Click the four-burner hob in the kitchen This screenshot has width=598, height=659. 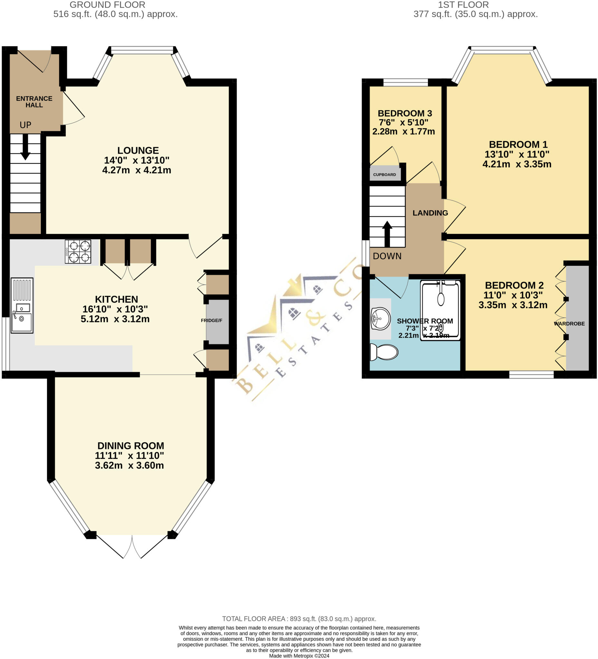78,251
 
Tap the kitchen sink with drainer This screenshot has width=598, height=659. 22,305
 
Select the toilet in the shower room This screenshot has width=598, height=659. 384,352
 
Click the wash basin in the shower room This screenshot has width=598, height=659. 380,319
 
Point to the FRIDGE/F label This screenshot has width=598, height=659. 211,320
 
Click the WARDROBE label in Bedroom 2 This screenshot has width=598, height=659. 569,324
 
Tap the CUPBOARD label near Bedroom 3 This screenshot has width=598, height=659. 384,174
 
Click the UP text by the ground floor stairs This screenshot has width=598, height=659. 25,125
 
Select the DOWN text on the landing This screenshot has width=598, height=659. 387,256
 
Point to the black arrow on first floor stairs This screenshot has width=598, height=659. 387,233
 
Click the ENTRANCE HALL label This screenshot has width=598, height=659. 34,102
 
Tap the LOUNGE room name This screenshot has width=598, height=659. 138,150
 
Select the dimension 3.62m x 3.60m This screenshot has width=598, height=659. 129,465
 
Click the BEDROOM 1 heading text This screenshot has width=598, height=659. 518,144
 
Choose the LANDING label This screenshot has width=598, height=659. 430,213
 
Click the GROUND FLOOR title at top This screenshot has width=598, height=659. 107,5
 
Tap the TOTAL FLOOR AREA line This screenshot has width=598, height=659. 299,619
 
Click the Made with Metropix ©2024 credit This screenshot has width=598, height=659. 299,656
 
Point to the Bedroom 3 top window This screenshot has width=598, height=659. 405,82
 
